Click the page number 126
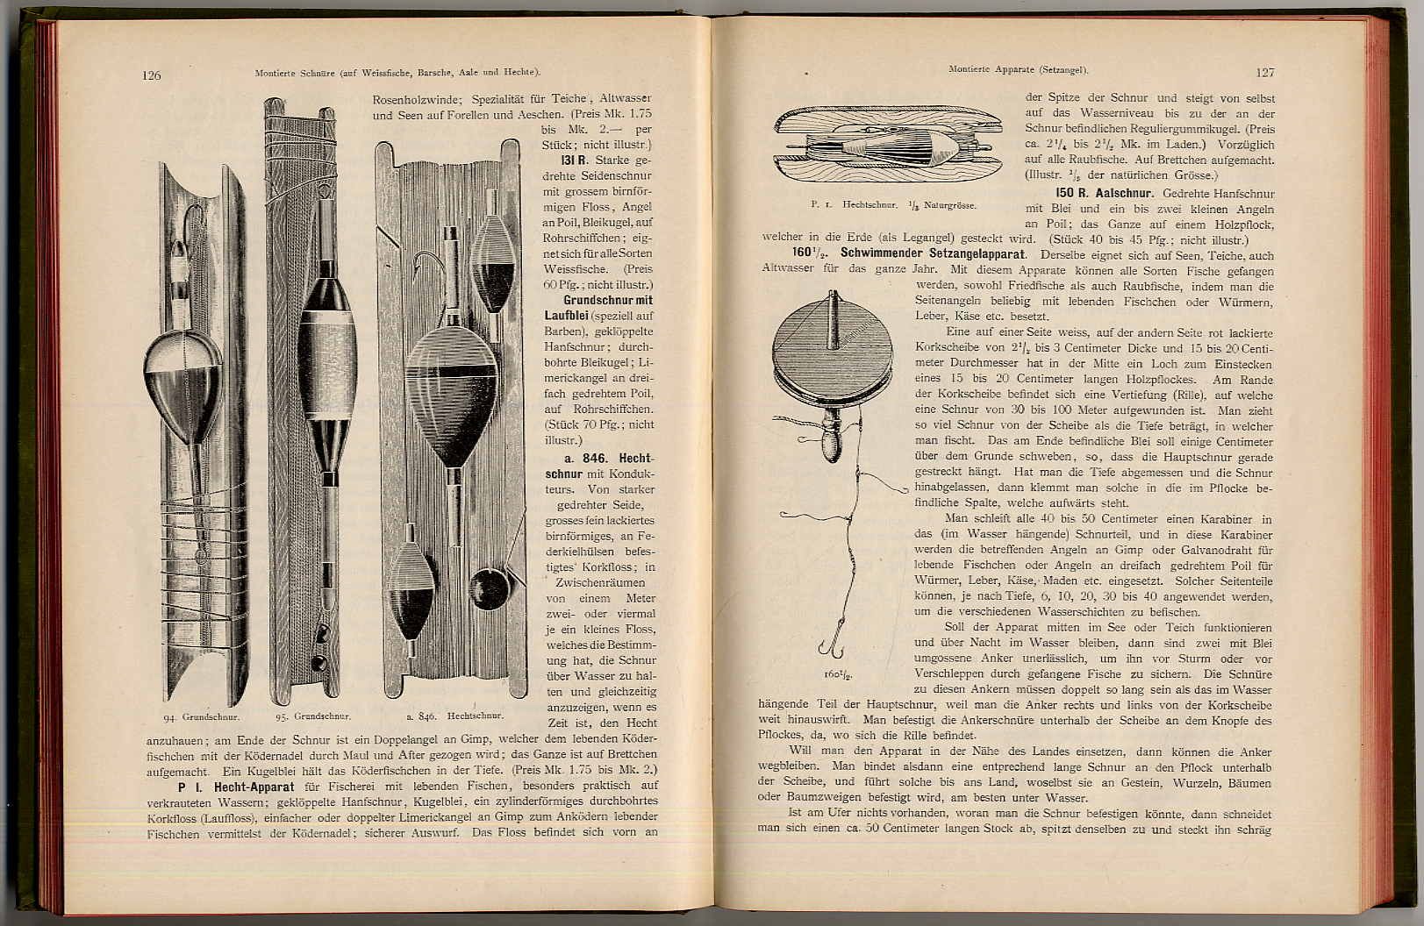point(151,75)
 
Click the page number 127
point(1264,73)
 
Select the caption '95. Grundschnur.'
point(313,716)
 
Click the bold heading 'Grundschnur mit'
point(608,300)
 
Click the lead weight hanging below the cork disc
point(830,442)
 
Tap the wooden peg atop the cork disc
point(833,317)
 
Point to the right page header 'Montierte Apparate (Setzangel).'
point(1018,69)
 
